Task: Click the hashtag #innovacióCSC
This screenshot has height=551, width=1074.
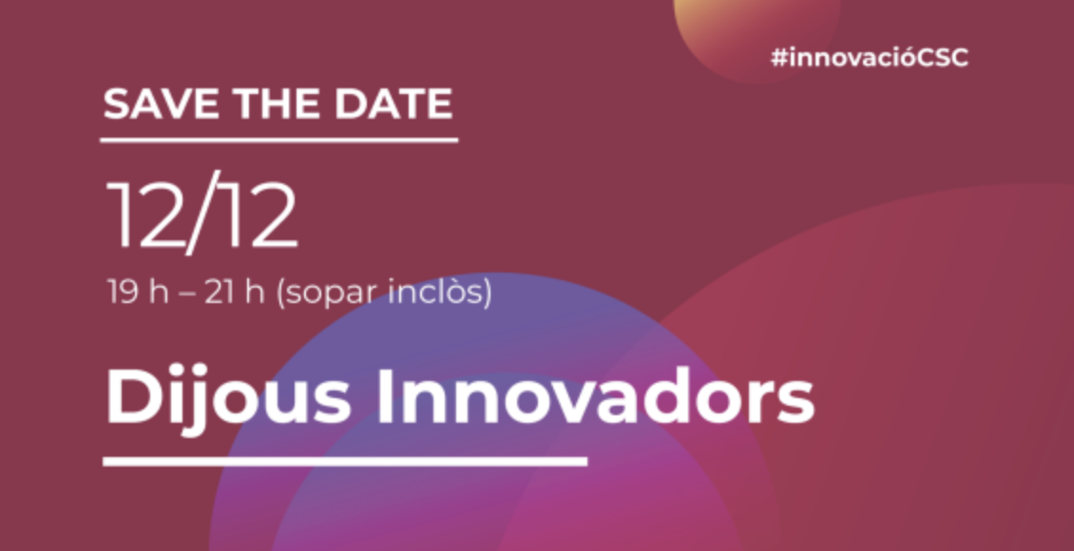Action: (x=870, y=58)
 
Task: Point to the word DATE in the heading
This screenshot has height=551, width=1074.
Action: (x=393, y=104)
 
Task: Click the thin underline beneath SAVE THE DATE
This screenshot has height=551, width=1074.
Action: (x=278, y=141)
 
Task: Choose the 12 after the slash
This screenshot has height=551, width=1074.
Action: (x=257, y=216)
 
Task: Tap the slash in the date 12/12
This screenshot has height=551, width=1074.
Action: (x=200, y=212)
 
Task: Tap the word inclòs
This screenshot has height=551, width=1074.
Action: (x=437, y=293)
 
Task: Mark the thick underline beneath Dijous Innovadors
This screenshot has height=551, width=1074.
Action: (x=345, y=462)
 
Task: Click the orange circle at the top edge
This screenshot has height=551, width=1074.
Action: (x=757, y=34)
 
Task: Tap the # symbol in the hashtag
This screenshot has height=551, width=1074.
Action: (x=779, y=59)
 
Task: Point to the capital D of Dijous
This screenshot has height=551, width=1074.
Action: (x=133, y=398)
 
